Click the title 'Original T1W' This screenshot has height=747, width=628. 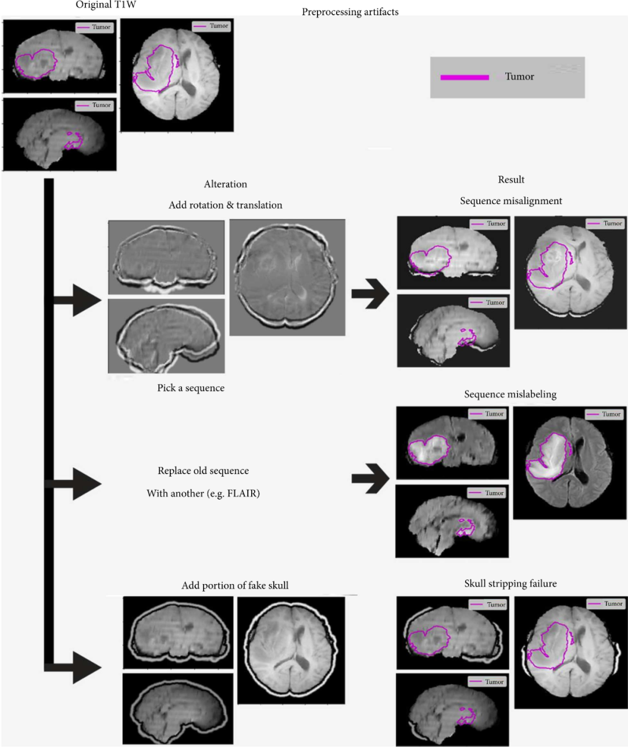coord(106,5)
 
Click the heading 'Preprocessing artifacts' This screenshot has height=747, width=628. coord(350,12)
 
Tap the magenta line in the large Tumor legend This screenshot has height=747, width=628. coord(464,77)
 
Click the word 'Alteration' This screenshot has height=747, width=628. coord(226,184)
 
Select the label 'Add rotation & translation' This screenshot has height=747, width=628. coord(226,205)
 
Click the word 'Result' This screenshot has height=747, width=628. coord(511,179)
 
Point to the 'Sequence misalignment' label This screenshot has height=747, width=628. coord(511,201)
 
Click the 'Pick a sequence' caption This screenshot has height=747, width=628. coord(191,388)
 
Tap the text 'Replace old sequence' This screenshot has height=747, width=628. coord(204,471)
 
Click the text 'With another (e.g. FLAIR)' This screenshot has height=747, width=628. coord(204,493)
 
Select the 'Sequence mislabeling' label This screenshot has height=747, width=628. coord(510,394)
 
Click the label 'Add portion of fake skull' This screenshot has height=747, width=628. coord(235,585)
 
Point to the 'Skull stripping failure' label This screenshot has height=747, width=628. coord(510,584)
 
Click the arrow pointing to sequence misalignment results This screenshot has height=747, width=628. coord(370,293)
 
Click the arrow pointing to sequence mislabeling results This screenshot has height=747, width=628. coord(370,478)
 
